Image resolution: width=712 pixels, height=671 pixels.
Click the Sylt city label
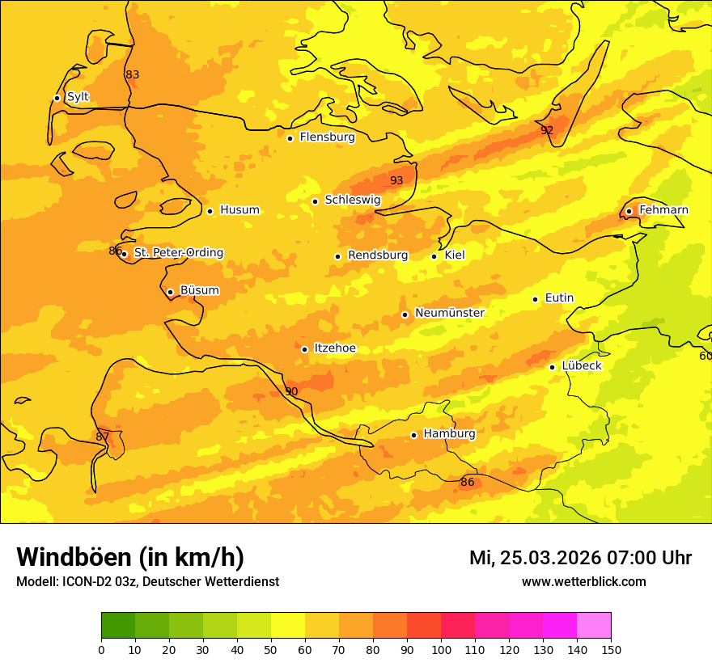pyautogui.click(x=78, y=97)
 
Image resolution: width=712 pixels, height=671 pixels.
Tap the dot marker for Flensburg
pyautogui.click(x=290, y=138)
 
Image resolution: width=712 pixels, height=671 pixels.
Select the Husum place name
pyautogui.click(x=239, y=210)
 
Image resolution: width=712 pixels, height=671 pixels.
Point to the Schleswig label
pyautogui.click(x=352, y=200)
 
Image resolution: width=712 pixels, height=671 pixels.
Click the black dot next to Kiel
pyautogui.click(x=434, y=256)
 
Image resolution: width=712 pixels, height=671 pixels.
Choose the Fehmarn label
pyautogui.click(x=663, y=210)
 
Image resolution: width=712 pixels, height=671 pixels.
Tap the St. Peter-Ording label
pyautogui.click(x=178, y=253)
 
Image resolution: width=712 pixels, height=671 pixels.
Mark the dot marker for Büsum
pyautogui.click(x=170, y=292)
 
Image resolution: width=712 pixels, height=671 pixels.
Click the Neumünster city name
pyautogui.click(x=449, y=313)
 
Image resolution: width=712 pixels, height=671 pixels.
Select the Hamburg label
pyautogui.click(x=449, y=433)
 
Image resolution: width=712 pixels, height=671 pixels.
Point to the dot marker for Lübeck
pyautogui.click(x=552, y=367)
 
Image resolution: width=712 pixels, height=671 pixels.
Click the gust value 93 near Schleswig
pyautogui.click(x=396, y=180)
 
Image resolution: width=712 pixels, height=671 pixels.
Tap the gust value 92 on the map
pyautogui.click(x=547, y=130)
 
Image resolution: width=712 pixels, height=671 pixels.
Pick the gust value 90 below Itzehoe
pyautogui.click(x=291, y=391)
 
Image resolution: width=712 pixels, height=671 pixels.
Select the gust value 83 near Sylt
pyautogui.click(x=133, y=75)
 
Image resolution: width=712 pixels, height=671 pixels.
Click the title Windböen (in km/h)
pyautogui.click(x=130, y=557)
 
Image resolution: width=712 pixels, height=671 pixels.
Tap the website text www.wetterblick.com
pyautogui.click(x=583, y=581)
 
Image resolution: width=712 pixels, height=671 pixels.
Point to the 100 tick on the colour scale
pyautogui.click(x=441, y=649)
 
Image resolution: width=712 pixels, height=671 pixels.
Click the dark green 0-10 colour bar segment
pyautogui.click(x=118, y=625)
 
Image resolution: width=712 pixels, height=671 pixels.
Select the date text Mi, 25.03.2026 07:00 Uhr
pyautogui.click(x=580, y=558)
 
